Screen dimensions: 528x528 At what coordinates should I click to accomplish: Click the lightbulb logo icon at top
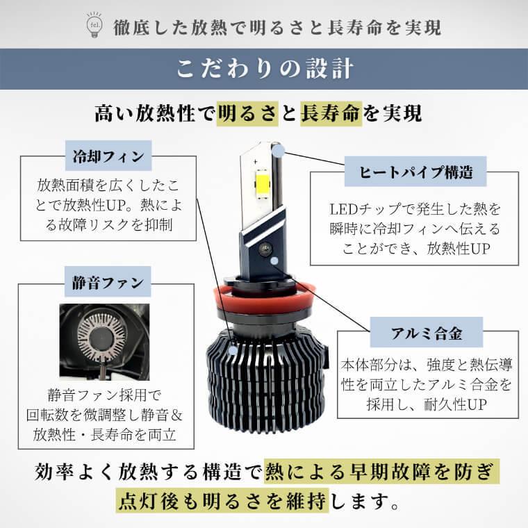click(x=92, y=25)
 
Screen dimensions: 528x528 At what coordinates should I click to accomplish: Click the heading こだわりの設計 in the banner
click(x=264, y=69)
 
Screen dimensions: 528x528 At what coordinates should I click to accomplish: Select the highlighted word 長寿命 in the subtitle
click(x=331, y=113)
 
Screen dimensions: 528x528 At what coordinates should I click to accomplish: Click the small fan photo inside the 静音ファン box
click(x=105, y=340)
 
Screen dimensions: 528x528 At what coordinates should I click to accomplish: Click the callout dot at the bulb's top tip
click(x=278, y=150)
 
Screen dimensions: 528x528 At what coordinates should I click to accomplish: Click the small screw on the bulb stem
click(x=264, y=247)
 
